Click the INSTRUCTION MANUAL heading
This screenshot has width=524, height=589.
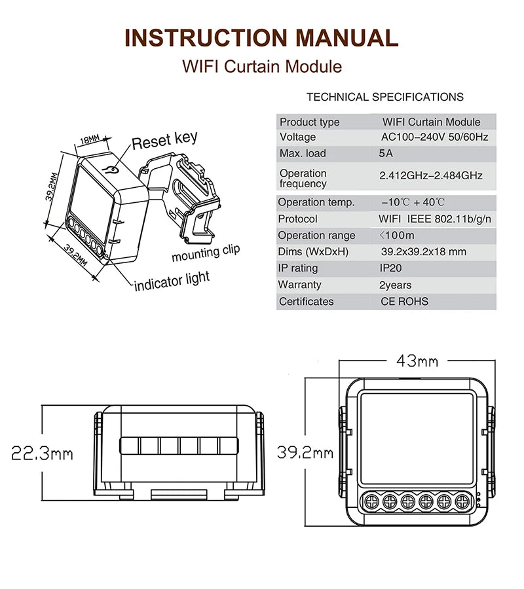click(261, 37)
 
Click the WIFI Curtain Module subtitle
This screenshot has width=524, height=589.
click(261, 66)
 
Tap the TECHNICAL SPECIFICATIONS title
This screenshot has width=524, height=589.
click(384, 97)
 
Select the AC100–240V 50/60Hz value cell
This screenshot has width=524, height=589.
click(435, 137)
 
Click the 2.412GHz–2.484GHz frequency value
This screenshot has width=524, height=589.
click(431, 175)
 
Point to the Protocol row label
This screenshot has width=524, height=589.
click(297, 219)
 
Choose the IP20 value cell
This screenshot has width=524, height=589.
click(391, 268)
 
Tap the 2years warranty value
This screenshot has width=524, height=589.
click(395, 285)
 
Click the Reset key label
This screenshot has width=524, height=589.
click(164, 140)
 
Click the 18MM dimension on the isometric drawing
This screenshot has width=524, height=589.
click(89, 140)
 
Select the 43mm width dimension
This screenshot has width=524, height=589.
click(417, 361)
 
